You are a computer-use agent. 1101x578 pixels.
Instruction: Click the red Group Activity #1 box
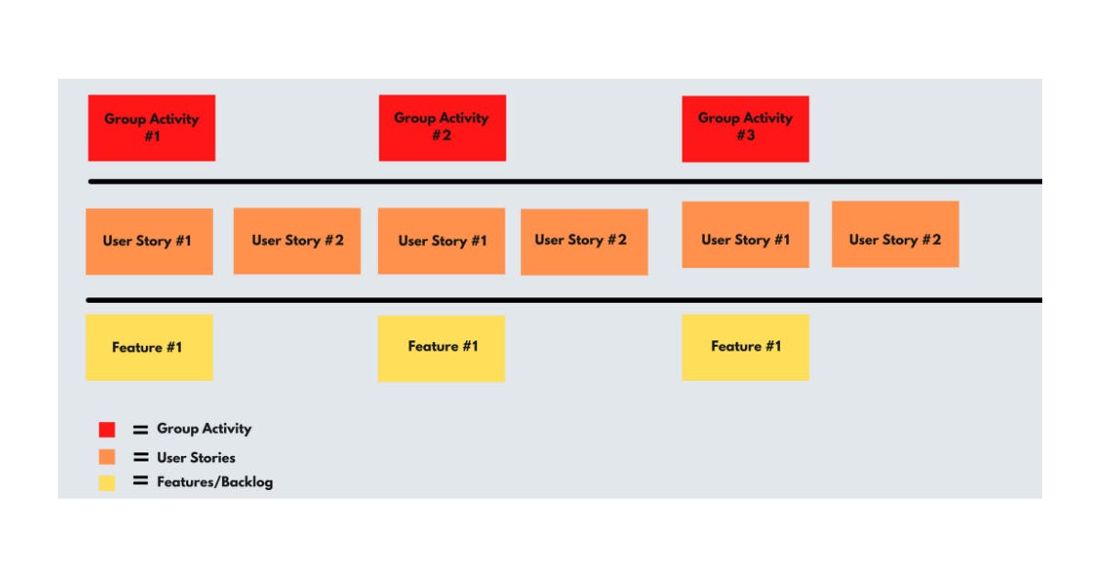tap(151, 128)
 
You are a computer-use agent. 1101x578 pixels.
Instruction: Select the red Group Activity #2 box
tap(442, 128)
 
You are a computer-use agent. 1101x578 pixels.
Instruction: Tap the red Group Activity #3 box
tap(745, 128)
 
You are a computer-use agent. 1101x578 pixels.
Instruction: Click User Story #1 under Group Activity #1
tap(149, 241)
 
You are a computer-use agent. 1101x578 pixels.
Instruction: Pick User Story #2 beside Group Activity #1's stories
tap(296, 240)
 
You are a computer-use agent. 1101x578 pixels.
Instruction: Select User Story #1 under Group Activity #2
tap(441, 241)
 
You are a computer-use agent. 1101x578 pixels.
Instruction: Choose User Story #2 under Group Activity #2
tap(584, 241)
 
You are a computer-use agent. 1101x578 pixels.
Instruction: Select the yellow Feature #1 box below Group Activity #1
tap(149, 347)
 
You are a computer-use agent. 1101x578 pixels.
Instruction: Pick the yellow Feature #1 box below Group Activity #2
tap(441, 348)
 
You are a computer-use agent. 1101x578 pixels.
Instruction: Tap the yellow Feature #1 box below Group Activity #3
tap(745, 347)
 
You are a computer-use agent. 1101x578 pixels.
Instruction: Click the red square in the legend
tap(107, 429)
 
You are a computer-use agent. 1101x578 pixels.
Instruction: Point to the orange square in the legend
tap(107, 457)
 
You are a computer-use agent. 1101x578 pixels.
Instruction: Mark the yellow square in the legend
tap(107, 483)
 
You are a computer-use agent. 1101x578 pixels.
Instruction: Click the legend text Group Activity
tap(204, 428)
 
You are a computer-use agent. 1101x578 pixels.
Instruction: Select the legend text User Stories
tap(195, 457)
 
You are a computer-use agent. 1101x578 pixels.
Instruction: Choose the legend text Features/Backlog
tap(215, 482)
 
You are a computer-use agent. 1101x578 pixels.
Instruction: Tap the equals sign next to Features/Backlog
tap(140, 481)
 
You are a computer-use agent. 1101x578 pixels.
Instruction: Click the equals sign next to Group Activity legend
tap(140, 428)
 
